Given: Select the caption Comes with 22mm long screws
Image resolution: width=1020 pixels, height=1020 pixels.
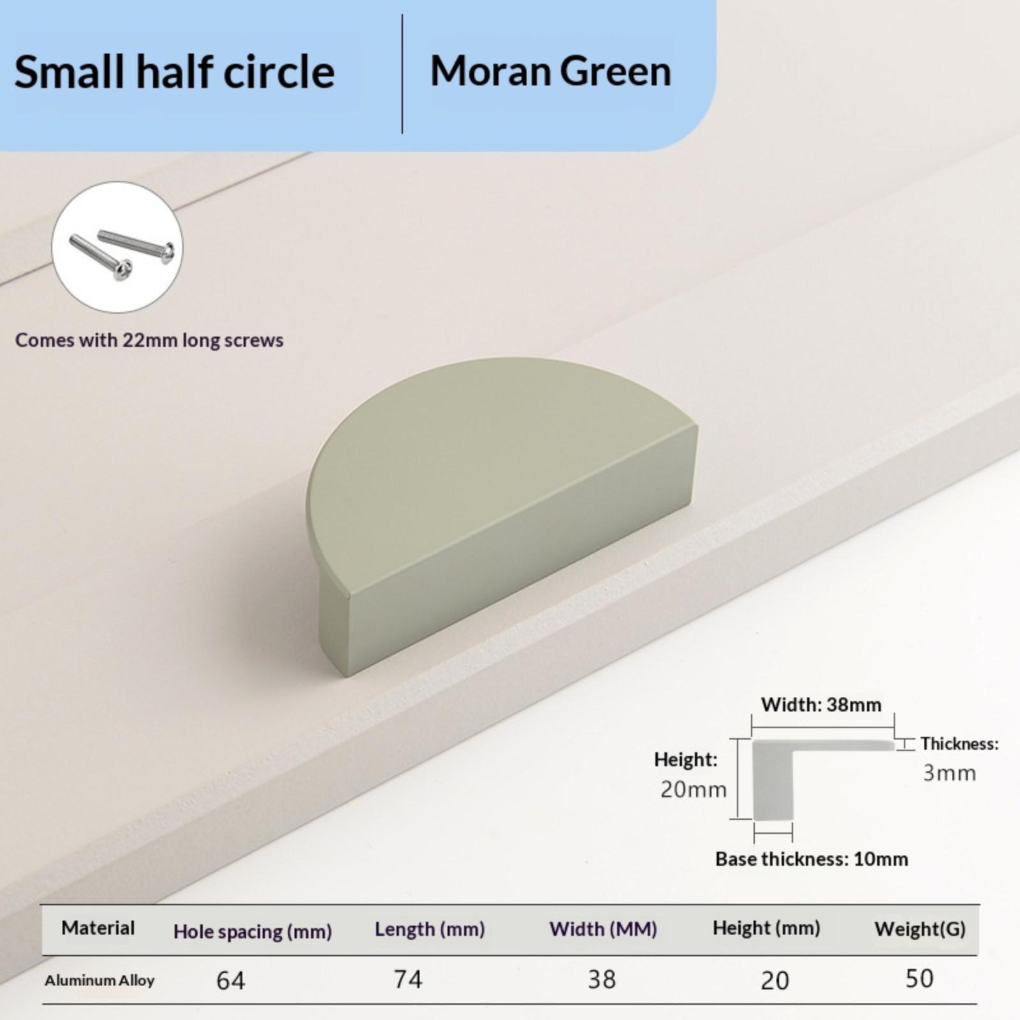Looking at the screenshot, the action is click(149, 340).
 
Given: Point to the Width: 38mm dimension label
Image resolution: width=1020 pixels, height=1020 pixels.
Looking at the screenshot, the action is click(821, 704).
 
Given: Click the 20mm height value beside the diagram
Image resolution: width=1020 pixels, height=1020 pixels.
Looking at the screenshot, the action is click(693, 789).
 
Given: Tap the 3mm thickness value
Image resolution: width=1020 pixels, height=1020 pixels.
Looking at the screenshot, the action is click(949, 773).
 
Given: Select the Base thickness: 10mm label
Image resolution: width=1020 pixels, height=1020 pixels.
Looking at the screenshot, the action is click(812, 859).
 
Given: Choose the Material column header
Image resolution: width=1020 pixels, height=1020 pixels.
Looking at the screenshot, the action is click(98, 928).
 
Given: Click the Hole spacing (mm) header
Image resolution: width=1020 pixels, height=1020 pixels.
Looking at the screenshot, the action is click(252, 931).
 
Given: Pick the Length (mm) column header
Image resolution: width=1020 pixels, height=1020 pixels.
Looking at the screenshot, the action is click(430, 929).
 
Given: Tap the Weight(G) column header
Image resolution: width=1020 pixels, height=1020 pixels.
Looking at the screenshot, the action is click(920, 929).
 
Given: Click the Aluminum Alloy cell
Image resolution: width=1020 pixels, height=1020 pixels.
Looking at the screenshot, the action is click(99, 980).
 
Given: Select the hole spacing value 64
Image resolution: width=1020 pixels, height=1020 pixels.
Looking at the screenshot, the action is click(230, 980).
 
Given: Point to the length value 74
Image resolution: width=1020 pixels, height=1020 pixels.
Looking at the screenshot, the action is click(408, 979).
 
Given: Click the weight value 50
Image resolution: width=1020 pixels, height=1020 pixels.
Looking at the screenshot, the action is click(919, 978).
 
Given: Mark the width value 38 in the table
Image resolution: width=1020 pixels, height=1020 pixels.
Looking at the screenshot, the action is click(602, 979).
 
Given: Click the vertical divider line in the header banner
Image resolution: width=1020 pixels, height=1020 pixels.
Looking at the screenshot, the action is click(402, 74).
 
